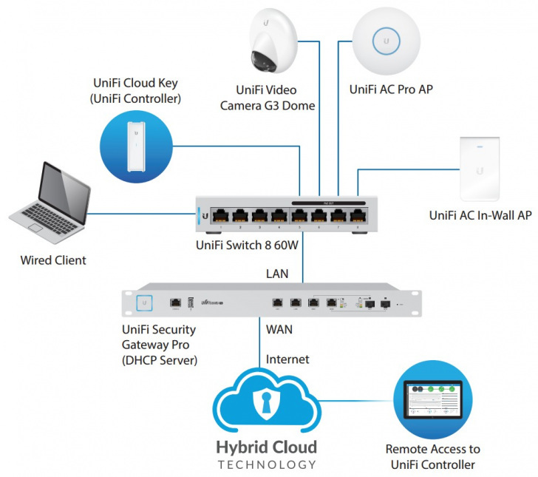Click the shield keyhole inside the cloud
coord(265,402)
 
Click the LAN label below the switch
coord(279,273)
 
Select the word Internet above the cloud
coord(287,360)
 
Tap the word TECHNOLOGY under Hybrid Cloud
coord(268,465)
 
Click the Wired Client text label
coord(52,260)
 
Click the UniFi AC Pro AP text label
coord(391,89)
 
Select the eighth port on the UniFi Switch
coord(358,215)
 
